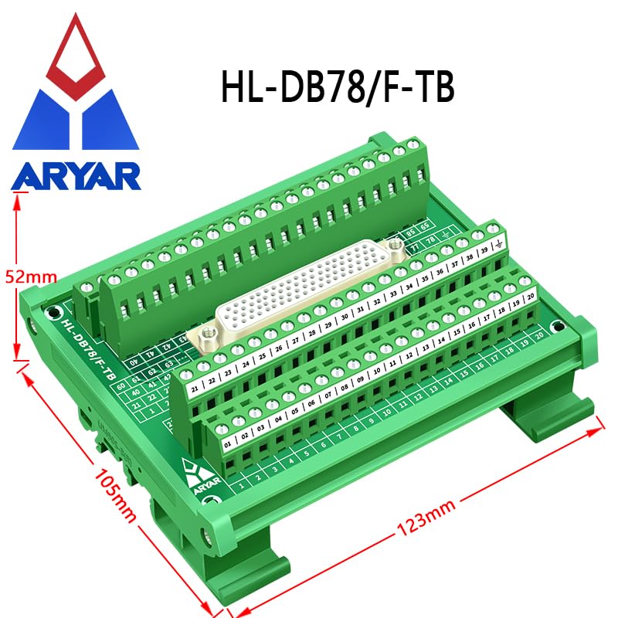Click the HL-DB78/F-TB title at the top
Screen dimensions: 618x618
pos(338,89)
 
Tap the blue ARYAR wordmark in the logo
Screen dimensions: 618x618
pos(76,175)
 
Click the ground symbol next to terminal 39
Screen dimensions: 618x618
pos(499,244)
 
